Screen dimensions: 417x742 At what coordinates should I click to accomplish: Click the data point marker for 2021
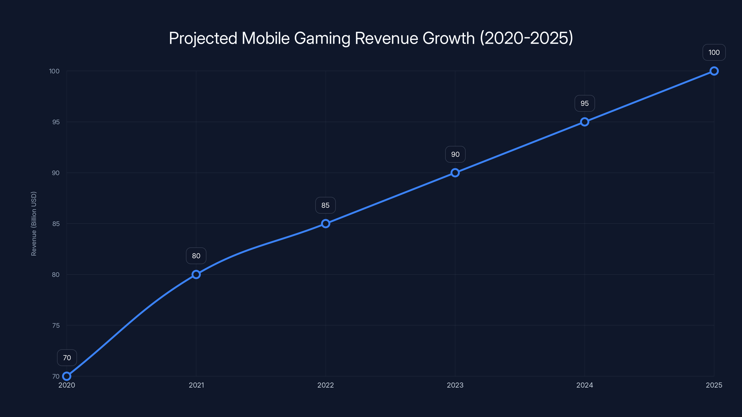point(196,275)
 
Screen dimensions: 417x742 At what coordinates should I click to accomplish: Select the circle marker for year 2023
point(455,173)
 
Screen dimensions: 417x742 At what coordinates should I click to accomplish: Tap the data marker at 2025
point(714,71)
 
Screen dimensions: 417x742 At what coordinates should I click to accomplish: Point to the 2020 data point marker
point(67,376)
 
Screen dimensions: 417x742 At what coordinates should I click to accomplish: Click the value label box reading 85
point(326,205)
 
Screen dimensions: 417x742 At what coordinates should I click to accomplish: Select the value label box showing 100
point(714,52)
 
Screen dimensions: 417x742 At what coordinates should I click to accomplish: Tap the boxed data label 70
point(67,358)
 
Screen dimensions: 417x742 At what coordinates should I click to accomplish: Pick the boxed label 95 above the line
point(585,103)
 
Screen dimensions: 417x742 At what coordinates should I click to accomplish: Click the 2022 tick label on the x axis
point(326,385)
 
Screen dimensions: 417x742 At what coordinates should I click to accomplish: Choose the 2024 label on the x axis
point(585,385)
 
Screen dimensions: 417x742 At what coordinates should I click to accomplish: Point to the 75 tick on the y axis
point(56,325)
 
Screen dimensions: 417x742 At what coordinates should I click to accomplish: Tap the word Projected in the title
point(203,38)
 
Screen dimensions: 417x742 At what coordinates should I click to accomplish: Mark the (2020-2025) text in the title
point(526,38)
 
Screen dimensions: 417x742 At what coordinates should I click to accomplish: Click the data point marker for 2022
point(326,224)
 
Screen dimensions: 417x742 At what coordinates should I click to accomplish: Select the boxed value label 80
point(196,256)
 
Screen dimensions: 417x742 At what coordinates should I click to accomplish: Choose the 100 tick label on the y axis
point(54,71)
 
